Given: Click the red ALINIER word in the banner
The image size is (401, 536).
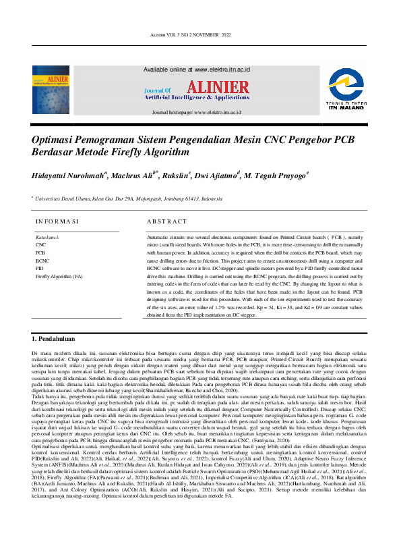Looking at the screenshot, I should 217,87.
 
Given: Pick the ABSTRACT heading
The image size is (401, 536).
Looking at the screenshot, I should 166,221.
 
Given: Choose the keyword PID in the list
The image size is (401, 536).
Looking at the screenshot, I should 40,268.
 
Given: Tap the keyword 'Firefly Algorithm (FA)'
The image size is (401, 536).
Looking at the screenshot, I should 59,276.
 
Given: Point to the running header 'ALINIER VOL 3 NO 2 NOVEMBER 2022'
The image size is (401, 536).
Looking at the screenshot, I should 200,34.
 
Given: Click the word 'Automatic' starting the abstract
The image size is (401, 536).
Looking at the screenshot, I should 158,238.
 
